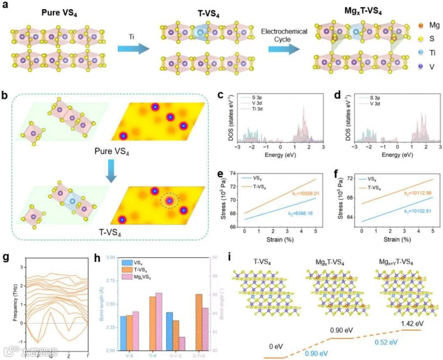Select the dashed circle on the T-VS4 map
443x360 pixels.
point(169,201)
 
